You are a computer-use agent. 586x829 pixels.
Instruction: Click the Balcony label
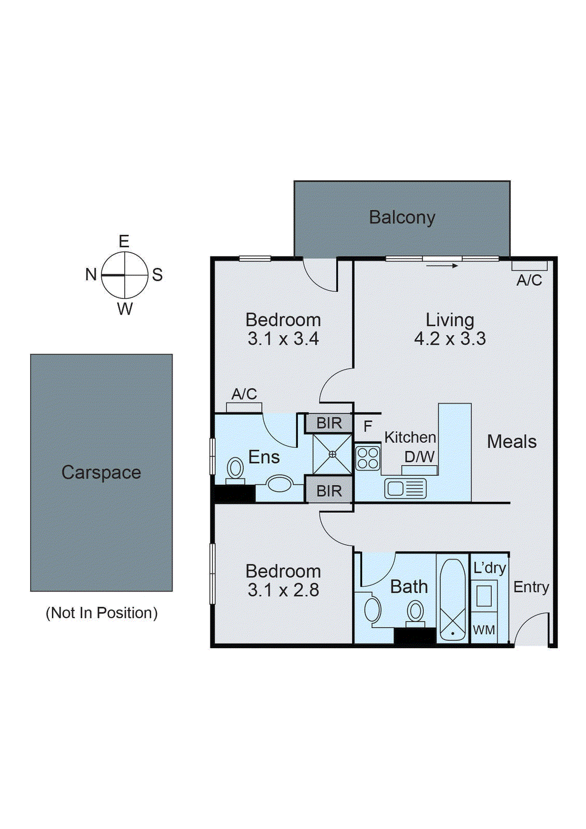coord(402,217)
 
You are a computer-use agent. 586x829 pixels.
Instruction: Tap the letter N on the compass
coord(91,274)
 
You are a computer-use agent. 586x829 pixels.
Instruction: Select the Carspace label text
coord(101,472)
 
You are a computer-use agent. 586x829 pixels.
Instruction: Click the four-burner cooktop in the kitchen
coord(368,458)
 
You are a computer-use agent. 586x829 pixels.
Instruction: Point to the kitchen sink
coord(405,489)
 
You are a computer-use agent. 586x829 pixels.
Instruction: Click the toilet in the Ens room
coord(235,469)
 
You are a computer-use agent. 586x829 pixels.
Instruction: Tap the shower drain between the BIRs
coord(332,454)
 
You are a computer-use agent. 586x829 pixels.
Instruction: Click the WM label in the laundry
coord(484,630)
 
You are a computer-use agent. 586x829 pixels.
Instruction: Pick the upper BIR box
coord(329,423)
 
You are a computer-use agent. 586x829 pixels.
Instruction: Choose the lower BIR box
coord(329,490)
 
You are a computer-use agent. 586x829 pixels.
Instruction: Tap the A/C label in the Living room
coord(529,280)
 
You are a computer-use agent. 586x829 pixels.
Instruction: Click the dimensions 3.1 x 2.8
coord(283,590)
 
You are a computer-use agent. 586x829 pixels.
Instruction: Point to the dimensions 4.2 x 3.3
coord(450,339)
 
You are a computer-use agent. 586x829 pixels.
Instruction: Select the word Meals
coord(511,441)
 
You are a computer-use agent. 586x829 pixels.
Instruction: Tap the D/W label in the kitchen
coord(419,456)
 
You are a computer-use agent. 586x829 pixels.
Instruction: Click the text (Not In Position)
coord(102,613)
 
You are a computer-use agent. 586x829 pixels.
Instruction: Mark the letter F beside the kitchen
coord(368,426)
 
